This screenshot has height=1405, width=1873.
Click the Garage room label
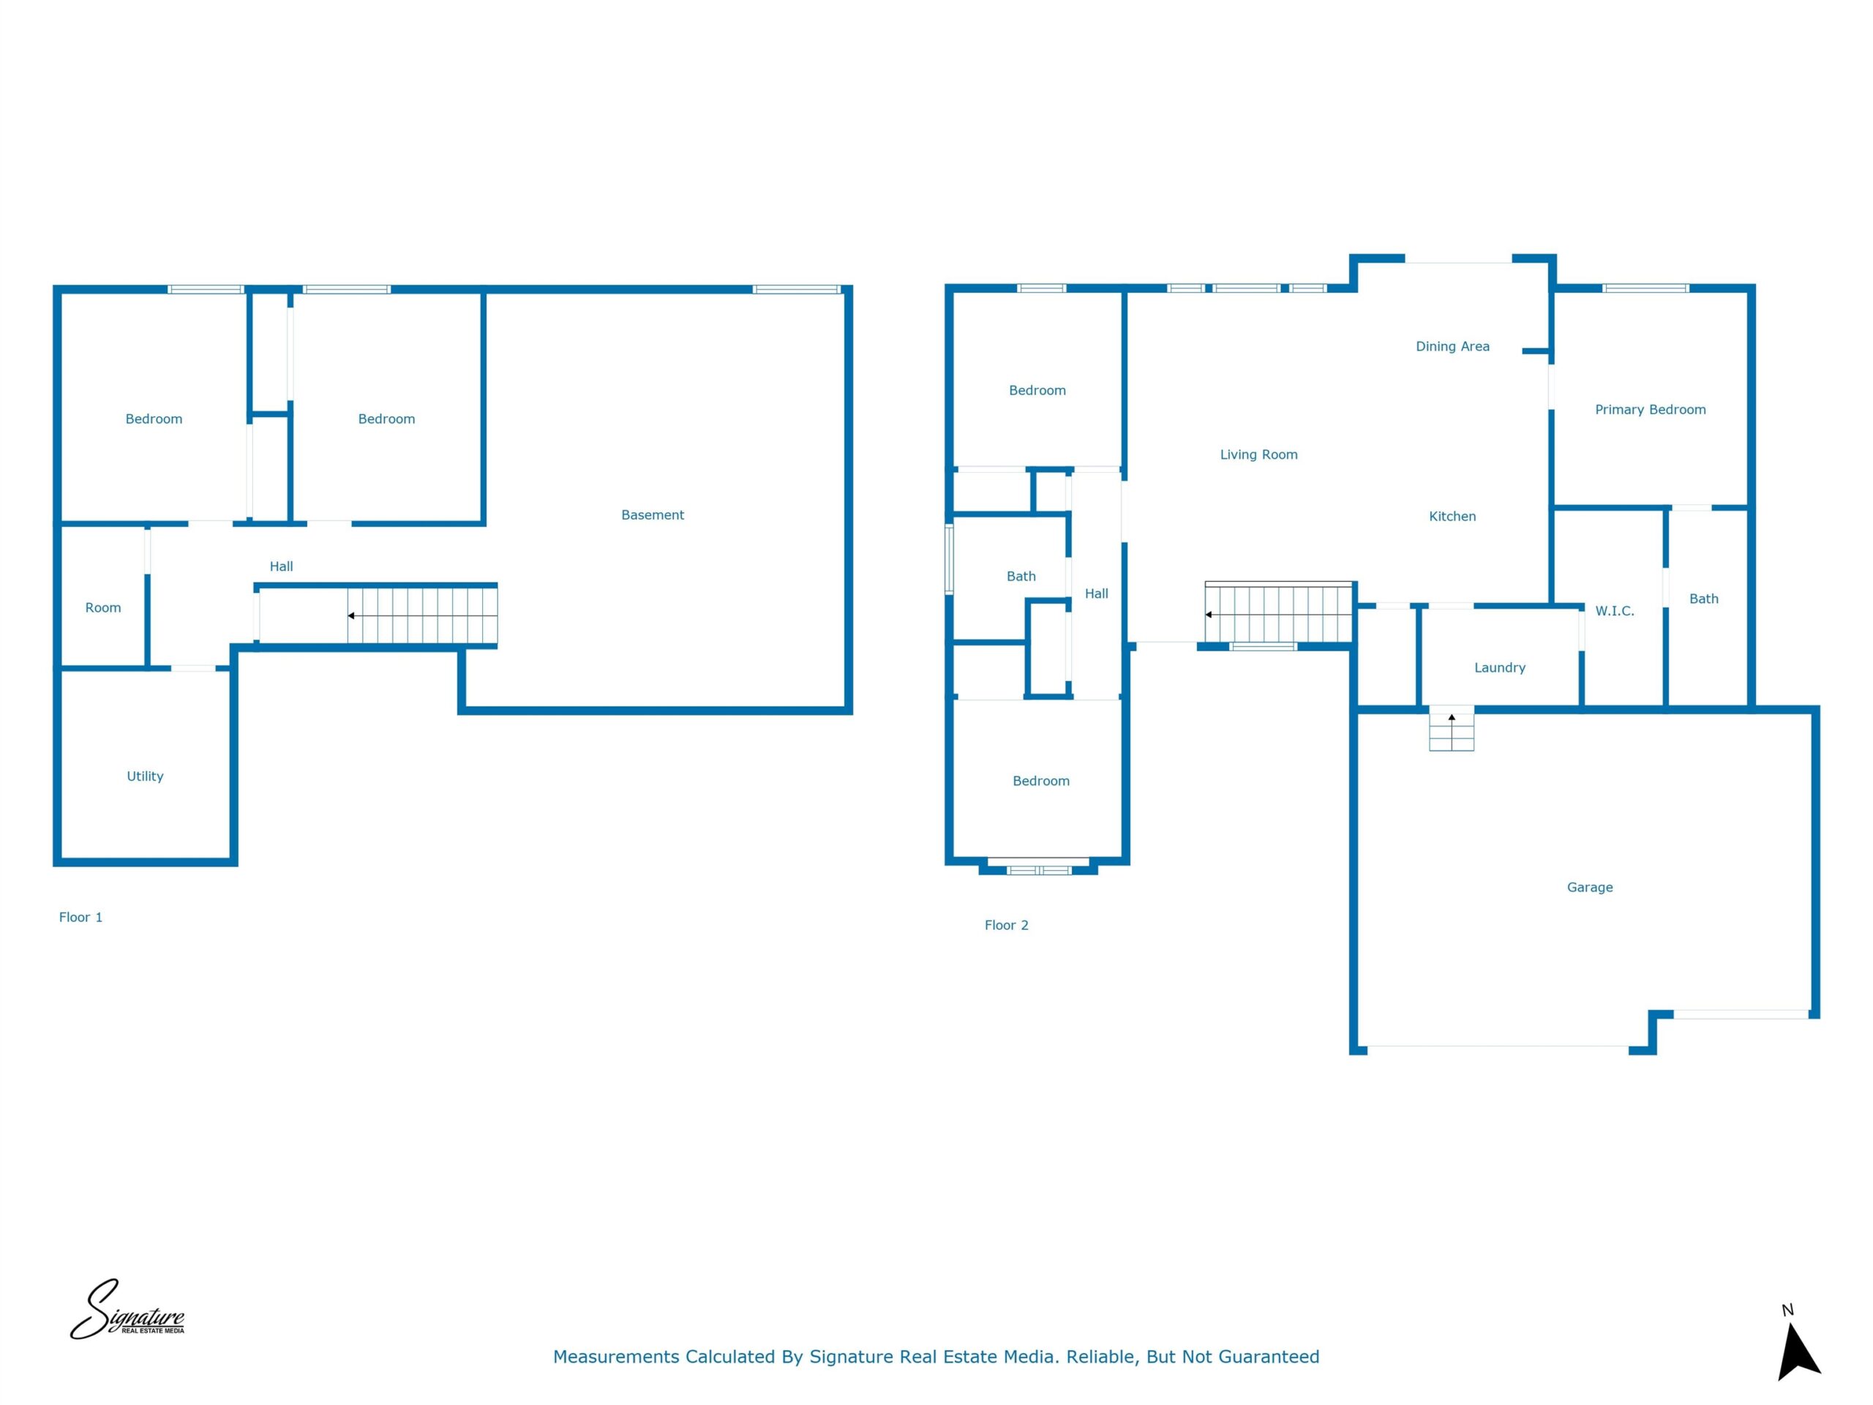pyautogui.click(x=1589, y=888)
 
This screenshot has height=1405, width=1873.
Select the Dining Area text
pyautogui.click(x=1452, y=346)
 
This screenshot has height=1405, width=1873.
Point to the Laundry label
pyautogui.click(x=1500, y=667)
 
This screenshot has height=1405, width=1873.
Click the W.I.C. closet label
pyautogui.click(x=1615, y=610)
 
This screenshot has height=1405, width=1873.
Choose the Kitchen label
pyautogui.click(x=1452, y=517)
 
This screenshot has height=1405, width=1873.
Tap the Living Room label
pyautogui.click(x=1258, y=454)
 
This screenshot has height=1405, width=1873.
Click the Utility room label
pyautogui.click(x=145, y=776)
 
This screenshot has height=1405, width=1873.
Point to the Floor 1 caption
pyautogui.click(x=80, y=917)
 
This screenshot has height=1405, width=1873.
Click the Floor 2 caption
pyautogui.click(x=1006, y=926)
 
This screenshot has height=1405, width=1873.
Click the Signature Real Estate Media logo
pyautogui.click(x=127, y=1310)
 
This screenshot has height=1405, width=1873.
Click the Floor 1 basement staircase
pyautogui.click(x=421, y=615)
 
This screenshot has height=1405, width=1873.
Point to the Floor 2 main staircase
pyautogui.click(x=1279, y=612)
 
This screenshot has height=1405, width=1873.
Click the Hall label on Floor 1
pyautogui.click(x=281, y=566)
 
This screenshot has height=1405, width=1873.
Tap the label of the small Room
pyautogui.click(x=102, y=608)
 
